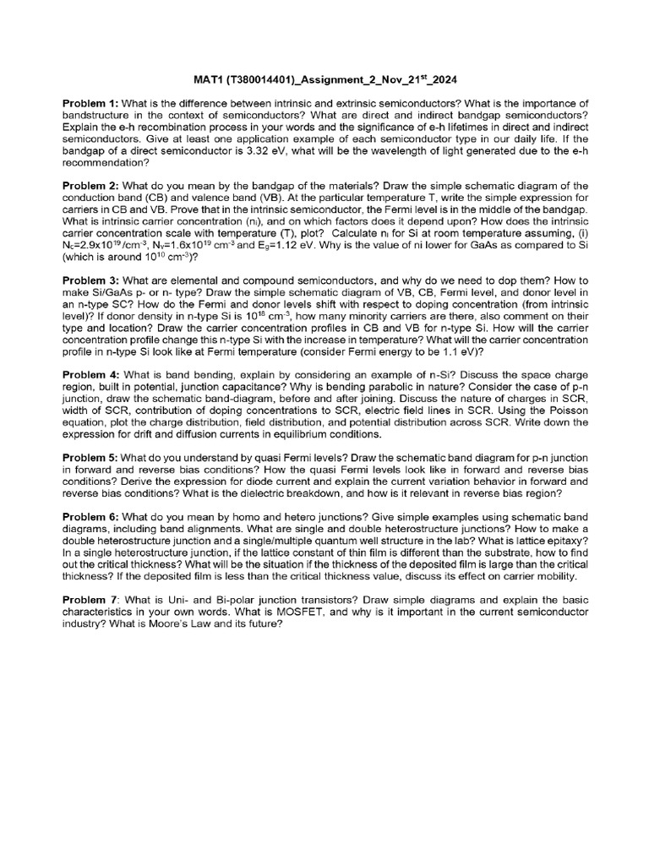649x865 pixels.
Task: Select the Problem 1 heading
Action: [x=90, y=103]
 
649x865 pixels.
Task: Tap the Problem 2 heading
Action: [x=90, y=185]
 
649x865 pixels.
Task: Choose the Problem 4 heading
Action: [x=90, y=374]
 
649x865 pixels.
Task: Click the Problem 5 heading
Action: [x=90, y=457]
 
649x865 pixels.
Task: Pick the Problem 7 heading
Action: [x=90, y=597]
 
